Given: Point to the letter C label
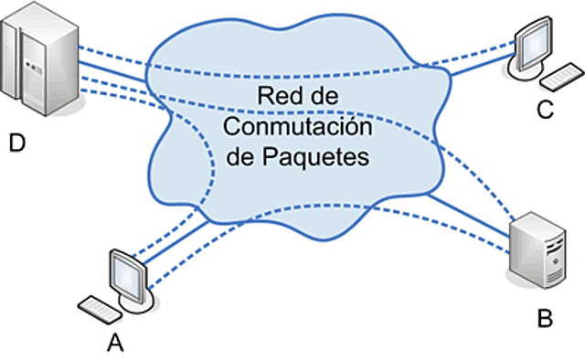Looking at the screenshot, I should (x=545, y=111).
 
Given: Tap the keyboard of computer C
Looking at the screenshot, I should (x=555, y=72).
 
